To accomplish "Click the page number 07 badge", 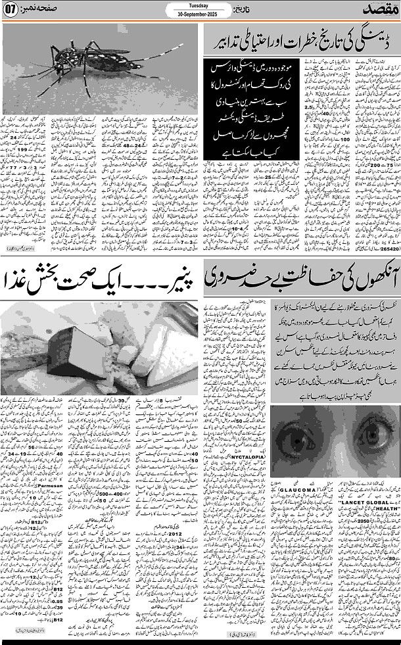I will click(x=11, y=11).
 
